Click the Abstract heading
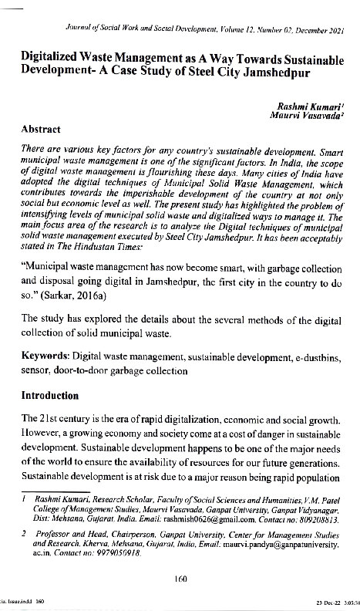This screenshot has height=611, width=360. pyautogui.click(x=42, y=131)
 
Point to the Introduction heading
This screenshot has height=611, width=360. pyautogui.click(x=50, y=396)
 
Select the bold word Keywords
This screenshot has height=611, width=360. pyautogui.click(x=45, y=357)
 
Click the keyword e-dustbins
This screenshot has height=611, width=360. pyautogui.click(x=315, y=357)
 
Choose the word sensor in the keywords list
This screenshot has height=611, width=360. pyautogui.click(x=35, y=370)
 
